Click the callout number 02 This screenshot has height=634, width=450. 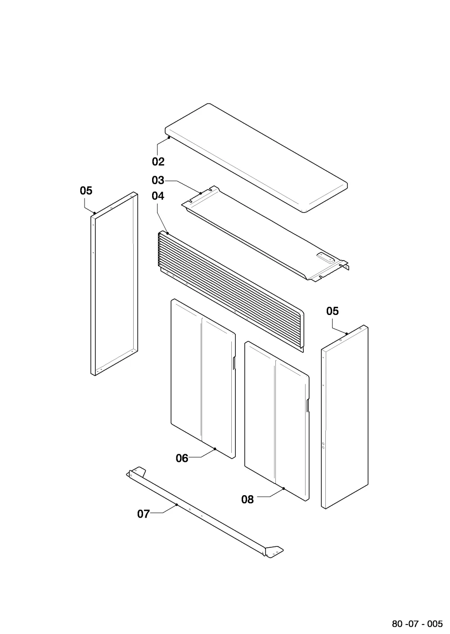(x=158, y=162)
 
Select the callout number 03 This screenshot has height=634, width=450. (x=158, y=180)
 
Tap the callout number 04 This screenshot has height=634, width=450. (x=158, y=196)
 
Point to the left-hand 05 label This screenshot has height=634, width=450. (x=86, y=191)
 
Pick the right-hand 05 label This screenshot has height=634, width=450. (x=333, y=311)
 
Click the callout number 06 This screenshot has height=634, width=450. (x=182, y=458)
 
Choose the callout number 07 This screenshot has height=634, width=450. (x=144, y=514)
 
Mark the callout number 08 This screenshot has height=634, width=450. (x=247, y=500)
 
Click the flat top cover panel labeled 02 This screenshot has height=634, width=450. (x=256, y=158)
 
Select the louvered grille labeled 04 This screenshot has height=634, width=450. (x=231, y=292)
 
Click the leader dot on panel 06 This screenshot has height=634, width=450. (x=215, y=448)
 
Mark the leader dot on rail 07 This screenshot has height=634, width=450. (x=176, y=505)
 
